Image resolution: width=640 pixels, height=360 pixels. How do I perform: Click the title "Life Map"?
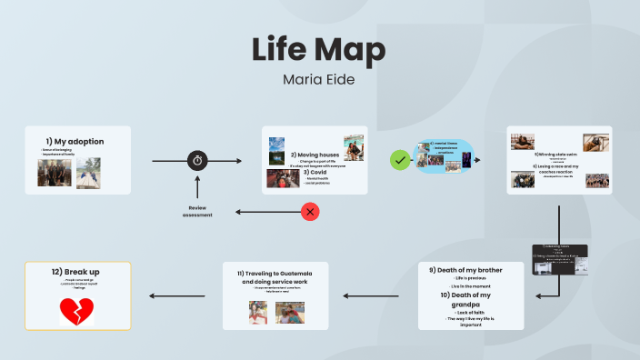point(318,49)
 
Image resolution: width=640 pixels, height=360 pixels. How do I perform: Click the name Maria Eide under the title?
point(318,79)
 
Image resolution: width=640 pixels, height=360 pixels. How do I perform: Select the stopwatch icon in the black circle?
point(198,161)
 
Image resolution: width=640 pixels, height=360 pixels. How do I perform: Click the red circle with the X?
point(310,212)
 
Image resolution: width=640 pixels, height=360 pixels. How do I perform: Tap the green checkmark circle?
point(398,160)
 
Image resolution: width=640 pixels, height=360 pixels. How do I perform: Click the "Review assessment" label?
point(198,211)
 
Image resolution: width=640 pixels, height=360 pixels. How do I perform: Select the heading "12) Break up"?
point(76,271)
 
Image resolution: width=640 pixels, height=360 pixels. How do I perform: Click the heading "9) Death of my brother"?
point(471,269)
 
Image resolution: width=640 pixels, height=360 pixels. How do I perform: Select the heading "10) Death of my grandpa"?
point(471,300)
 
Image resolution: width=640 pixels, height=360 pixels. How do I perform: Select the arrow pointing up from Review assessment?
point(198,187)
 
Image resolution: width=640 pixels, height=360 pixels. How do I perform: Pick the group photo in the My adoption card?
point(55,173)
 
